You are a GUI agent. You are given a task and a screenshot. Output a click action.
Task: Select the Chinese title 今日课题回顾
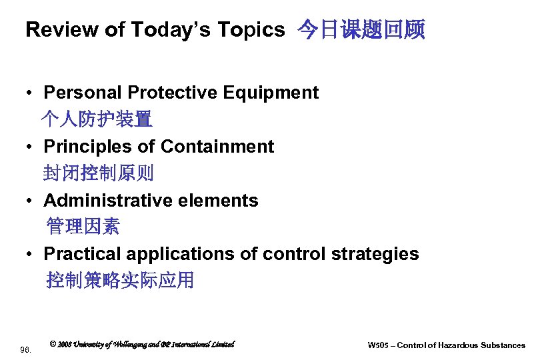point(360,30)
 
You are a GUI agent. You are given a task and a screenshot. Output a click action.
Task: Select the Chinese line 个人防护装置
point(97,119)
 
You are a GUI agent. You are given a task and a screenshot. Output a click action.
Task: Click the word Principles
point(83,147)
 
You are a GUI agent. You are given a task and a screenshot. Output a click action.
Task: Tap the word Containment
point(217,147)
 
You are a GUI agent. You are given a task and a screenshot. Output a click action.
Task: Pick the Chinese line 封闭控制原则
point(98,173)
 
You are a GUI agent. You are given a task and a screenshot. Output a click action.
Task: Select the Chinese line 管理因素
point(83,227)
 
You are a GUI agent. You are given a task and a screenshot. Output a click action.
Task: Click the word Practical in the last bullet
point(82,254)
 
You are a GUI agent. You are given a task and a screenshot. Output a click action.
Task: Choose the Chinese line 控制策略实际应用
point(120,281)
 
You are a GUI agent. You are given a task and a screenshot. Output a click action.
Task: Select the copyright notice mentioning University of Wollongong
point(142,344)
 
